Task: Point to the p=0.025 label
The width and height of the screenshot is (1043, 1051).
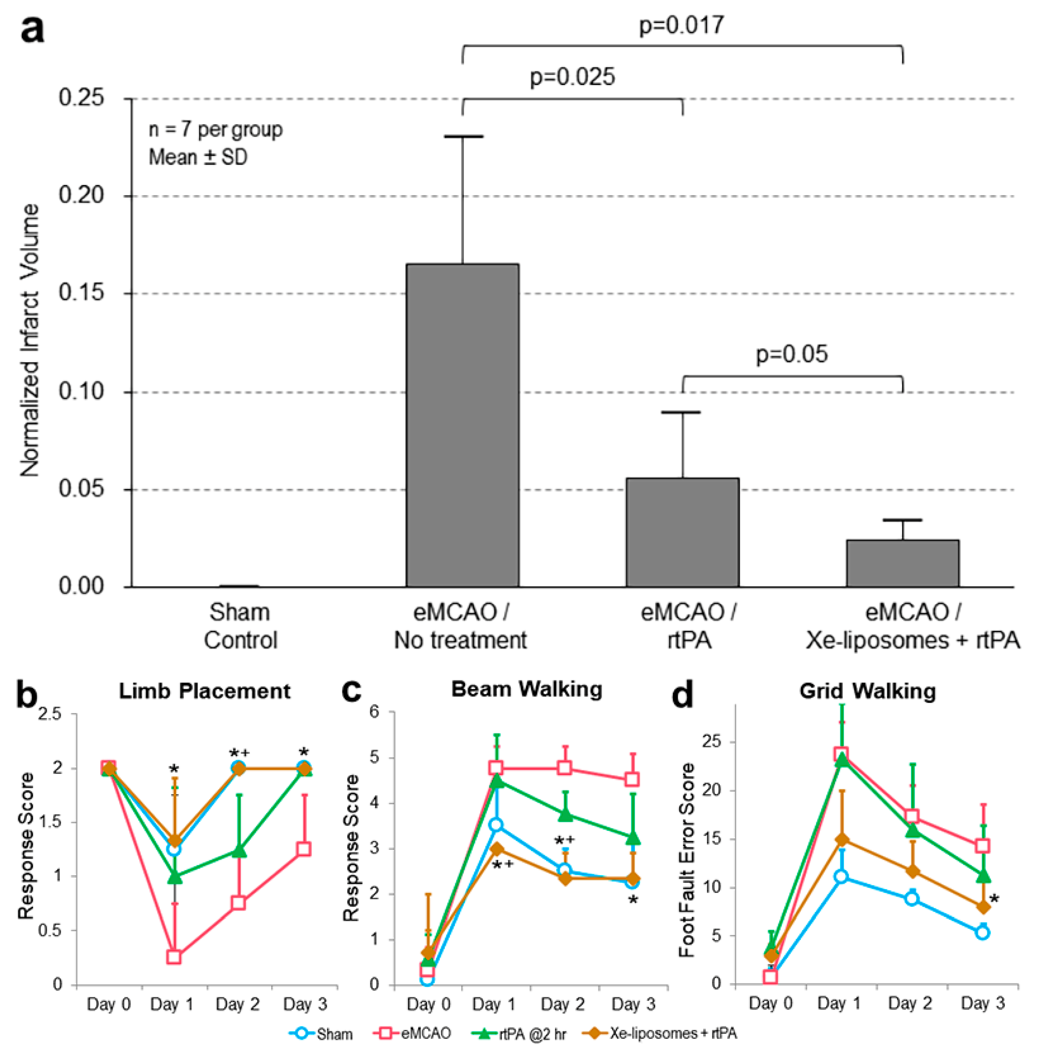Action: (x=572, y=77)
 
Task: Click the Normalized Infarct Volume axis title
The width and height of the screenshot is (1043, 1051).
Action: (x=30, y=341)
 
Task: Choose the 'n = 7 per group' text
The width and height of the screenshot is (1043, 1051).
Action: (x=215, y=129)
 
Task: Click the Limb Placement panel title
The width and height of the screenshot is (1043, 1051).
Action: (x=205, y=691)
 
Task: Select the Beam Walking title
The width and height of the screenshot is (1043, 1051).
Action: (x=527, y=689)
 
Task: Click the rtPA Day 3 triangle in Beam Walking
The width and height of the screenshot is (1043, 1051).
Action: (x=633, y=838)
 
